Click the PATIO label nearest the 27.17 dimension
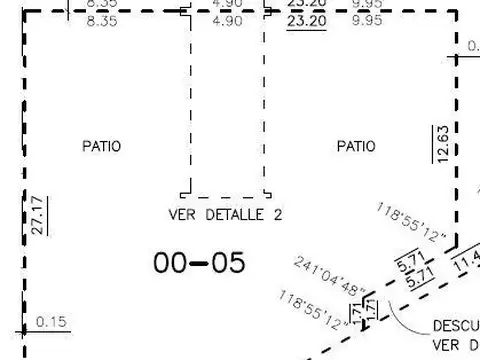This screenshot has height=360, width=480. click(x=101, y=146)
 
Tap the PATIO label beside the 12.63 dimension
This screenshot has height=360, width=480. click(x=356, y=146)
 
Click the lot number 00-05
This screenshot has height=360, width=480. click(x=199, y=262)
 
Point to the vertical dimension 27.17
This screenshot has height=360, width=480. click(x=37, y=215)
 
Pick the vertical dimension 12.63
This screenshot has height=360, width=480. click(x=442, y=143)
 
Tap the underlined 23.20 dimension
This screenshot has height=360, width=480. click(x=303, y=19)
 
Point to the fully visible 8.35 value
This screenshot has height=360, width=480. click(x=103, y=19)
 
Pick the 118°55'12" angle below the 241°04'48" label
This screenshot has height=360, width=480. click(x=316, y=310)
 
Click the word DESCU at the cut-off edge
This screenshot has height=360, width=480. click(x=455, y=326)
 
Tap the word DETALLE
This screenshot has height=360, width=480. click(x=229, y=215)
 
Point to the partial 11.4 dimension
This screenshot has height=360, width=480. click(x=466, y=264)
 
